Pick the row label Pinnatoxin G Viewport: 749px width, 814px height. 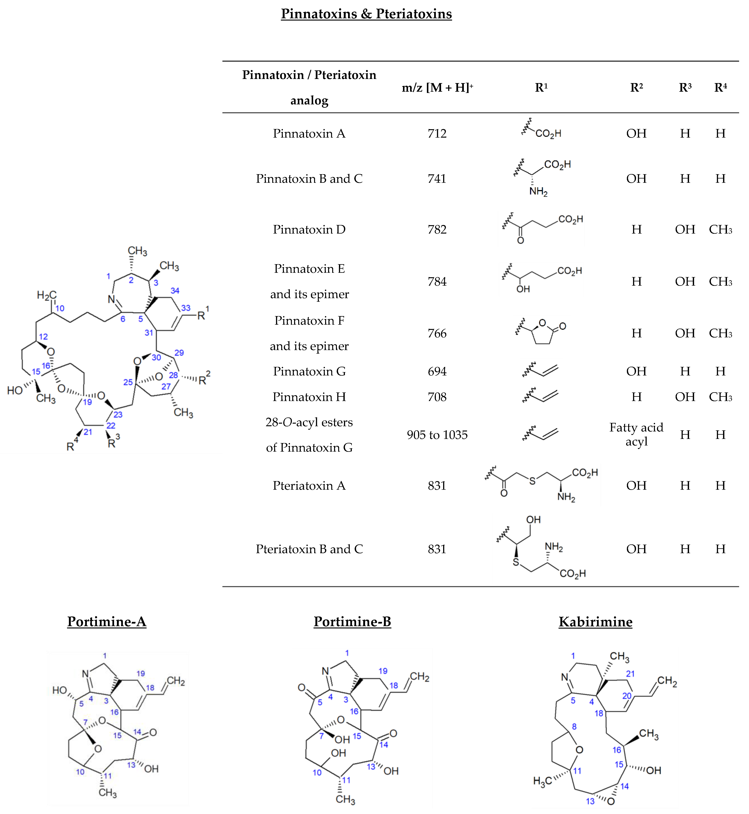click(309, 371)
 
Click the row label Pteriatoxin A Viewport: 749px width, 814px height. click(309, 485)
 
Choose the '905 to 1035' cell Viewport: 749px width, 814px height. click(437, 435)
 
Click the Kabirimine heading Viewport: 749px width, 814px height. click(595, 622)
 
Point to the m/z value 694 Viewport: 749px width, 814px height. click(437, 371)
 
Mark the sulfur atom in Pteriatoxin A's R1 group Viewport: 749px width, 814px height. click(532, 481)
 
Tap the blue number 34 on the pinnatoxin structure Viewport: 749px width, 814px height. click(175, 291)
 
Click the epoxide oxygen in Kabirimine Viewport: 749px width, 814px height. click(611, 801)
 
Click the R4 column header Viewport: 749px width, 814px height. click(720, 87)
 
